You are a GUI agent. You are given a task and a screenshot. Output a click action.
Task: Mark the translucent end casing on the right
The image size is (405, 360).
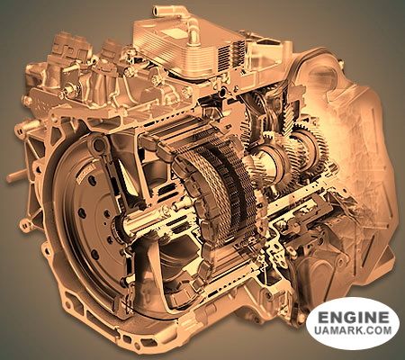(369, 153)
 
